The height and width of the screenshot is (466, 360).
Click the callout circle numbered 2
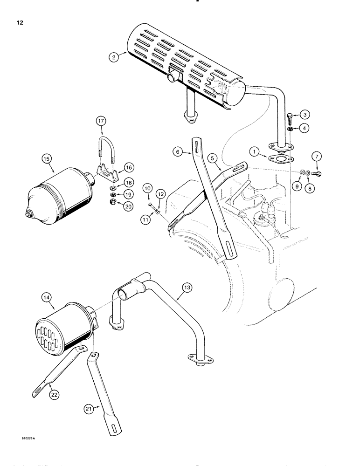coord(113,58)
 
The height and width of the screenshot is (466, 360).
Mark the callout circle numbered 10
coord(147,189)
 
